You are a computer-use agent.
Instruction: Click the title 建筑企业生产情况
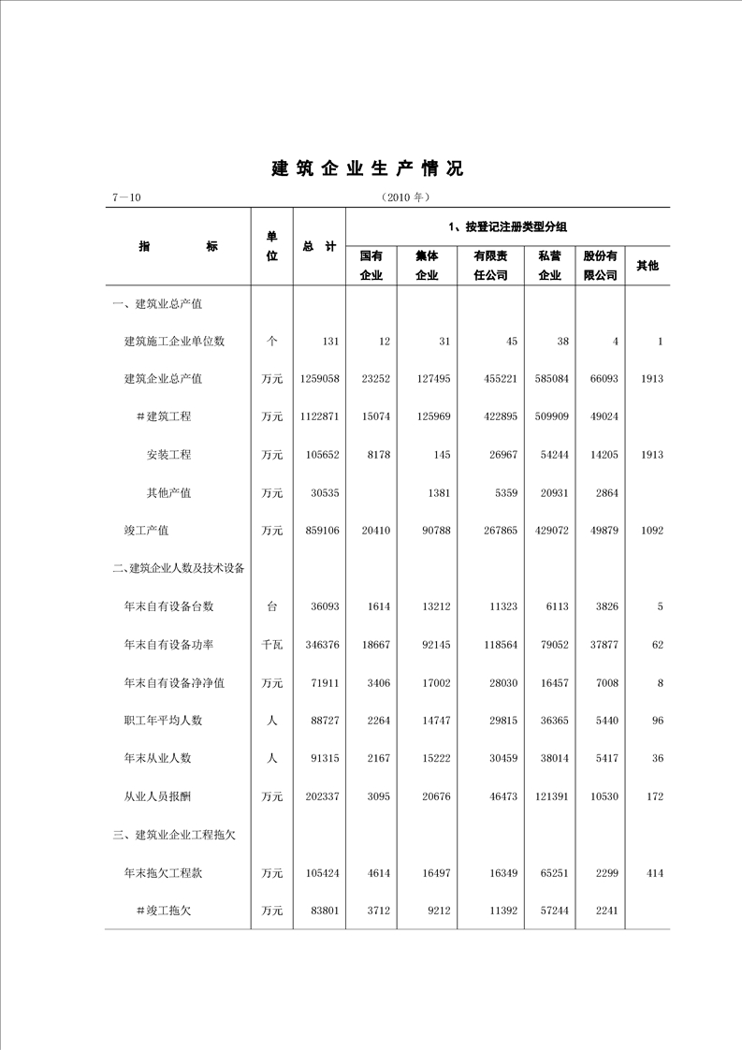(368, 169)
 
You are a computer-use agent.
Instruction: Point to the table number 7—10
(125, 198)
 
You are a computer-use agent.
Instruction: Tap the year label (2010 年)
(404, 198)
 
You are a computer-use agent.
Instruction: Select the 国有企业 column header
(371, 265)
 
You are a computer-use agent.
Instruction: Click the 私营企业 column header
(549, 265)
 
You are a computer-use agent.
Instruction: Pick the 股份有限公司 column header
(600, 265)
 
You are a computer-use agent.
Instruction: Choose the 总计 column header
(319, 246)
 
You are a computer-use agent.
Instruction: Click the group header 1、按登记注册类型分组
(508, 226)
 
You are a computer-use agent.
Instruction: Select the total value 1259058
(319, 379)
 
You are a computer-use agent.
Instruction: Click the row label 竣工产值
(147, 531)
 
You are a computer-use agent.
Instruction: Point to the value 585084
(550, 379)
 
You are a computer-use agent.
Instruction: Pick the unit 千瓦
(271, 645)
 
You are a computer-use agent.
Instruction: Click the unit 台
(271, 606)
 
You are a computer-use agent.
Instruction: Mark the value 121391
(549, 796)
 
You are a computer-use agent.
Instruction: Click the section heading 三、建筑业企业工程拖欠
(173, 835)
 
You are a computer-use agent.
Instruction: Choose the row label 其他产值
(168, 492)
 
